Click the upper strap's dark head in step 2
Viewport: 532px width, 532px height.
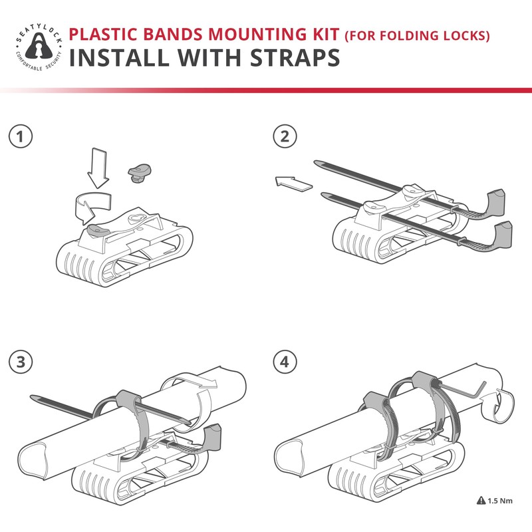(x=496, y=199)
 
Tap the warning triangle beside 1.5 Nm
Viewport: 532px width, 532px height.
(x=481, y=501)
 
